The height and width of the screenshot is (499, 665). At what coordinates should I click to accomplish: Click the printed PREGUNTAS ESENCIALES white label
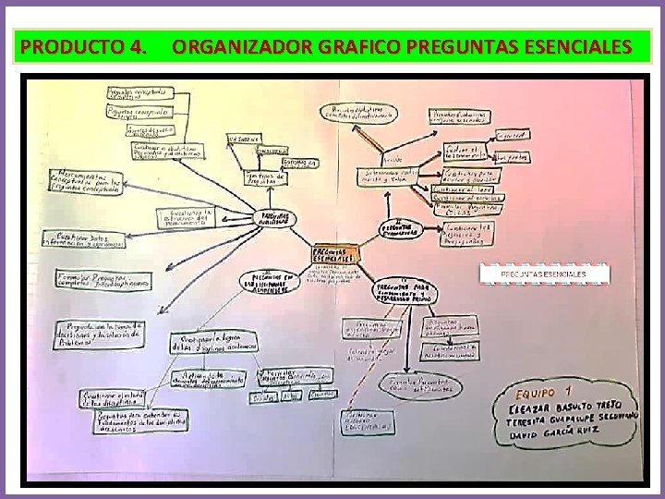[543, 274]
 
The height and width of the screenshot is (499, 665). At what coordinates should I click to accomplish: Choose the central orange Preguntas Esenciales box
[337, 252]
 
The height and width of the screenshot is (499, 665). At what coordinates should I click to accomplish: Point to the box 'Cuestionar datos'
[84, 239]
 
